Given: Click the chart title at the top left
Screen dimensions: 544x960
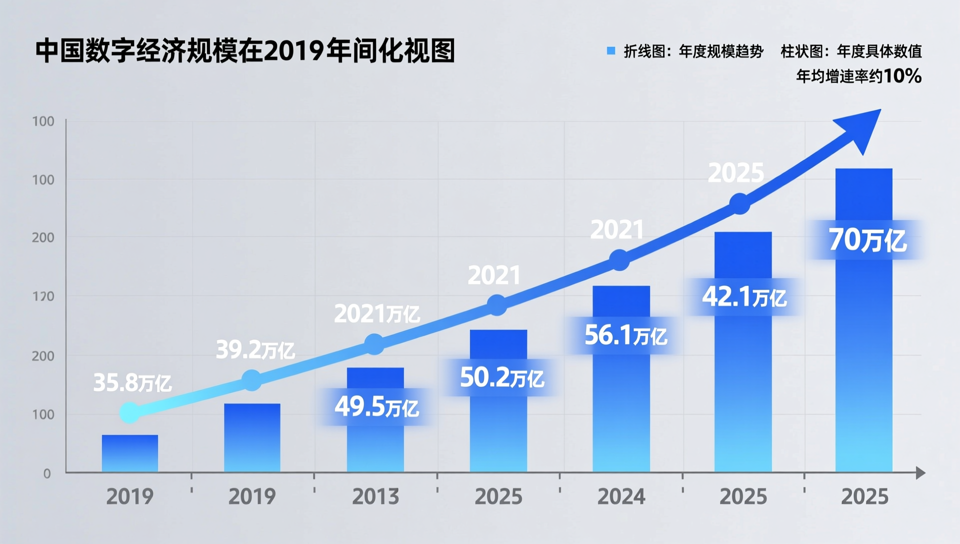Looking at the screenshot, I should [245, 51].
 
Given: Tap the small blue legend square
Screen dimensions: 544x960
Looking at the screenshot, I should [610, 50].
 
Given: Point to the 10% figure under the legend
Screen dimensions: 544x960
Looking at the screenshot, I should [902, 76].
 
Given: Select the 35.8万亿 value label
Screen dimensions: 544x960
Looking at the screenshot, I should [132, 383].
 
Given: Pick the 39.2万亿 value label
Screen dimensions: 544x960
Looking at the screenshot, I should [255, 350].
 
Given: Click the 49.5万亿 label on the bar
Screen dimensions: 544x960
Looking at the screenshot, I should [376, 407].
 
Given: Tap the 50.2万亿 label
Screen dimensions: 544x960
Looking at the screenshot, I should [501, 377].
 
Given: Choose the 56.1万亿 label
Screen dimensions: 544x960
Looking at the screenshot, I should [625, 335].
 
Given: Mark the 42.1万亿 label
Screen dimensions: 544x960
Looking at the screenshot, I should [744, 297].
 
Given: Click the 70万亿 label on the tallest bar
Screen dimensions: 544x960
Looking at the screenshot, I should [867, 240].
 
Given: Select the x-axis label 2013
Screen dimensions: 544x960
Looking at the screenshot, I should [375, 496].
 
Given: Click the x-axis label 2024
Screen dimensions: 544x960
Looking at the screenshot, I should [621, 496].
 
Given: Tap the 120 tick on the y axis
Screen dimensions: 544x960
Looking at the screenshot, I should [43, 296].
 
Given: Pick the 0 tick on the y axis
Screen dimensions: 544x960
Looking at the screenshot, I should [47, 473].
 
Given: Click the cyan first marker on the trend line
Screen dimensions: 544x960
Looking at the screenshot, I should [129, 413].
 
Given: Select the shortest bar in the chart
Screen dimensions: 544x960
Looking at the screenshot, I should [130, 453].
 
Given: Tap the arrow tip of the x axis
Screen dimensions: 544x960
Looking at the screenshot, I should [921, 472].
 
